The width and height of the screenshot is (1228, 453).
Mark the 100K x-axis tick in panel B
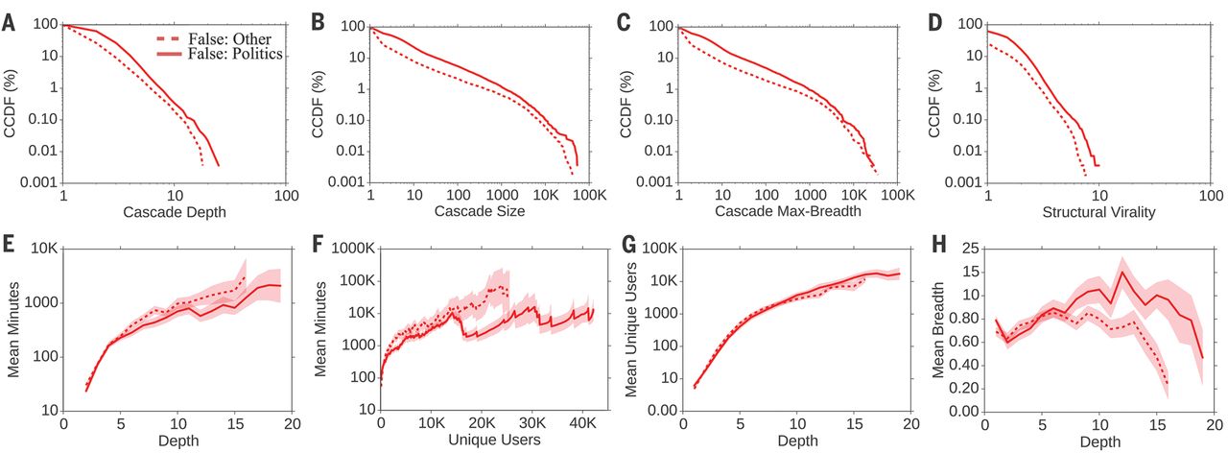(590, 195)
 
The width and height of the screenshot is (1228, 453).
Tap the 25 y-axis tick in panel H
(972, 249)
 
